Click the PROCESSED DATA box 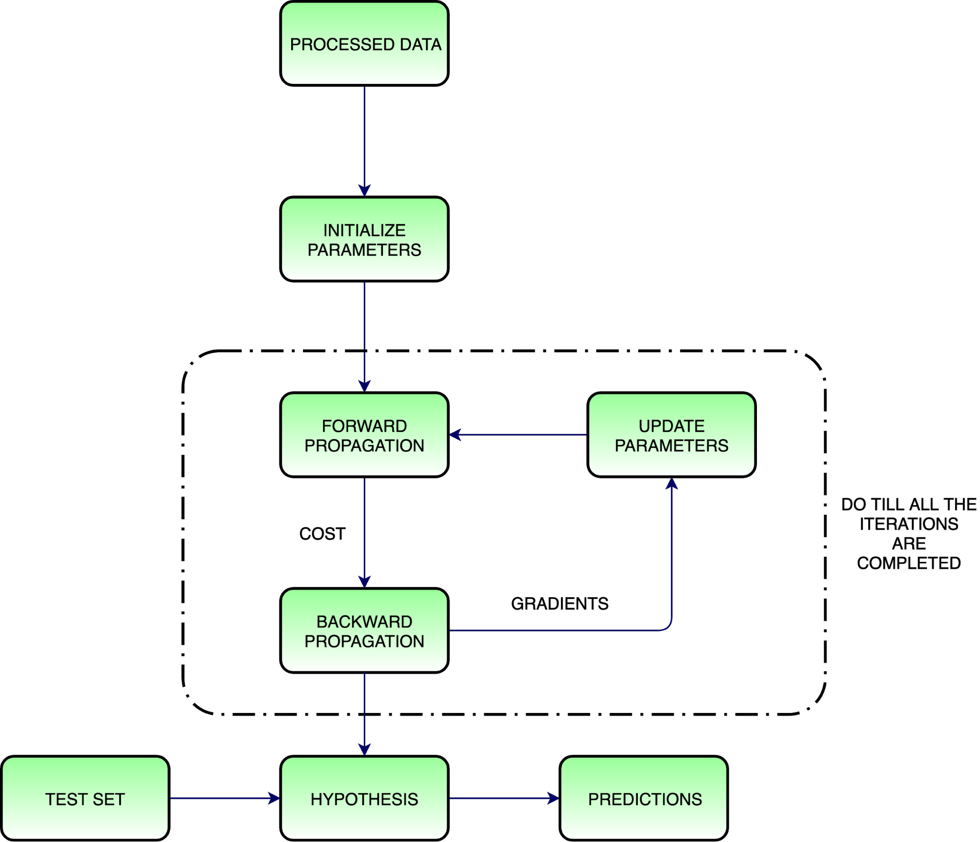[x=364, y=44]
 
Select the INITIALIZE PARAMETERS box [x=364, y=239]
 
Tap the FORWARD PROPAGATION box [x=364, y=435]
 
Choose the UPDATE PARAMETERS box [x=671, y=435]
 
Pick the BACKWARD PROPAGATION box [x=364, y=631]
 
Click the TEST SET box [x=85, y=799]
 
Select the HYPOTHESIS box [x=364, y=799]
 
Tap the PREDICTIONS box [x=644, y=799]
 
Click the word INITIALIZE [x=364, y=230]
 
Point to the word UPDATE [x=671, y=426]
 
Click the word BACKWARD [x=364, y=622]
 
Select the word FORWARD [x=364, y=426]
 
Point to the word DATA [x=421, y=45]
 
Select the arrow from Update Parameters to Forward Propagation [x=518, y=435]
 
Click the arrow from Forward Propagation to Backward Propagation [x=364, y=532]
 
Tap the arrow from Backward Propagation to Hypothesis [x=364, y=714]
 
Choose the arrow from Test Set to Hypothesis [x=225, y=799]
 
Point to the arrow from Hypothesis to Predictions [x=504, y=799]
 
